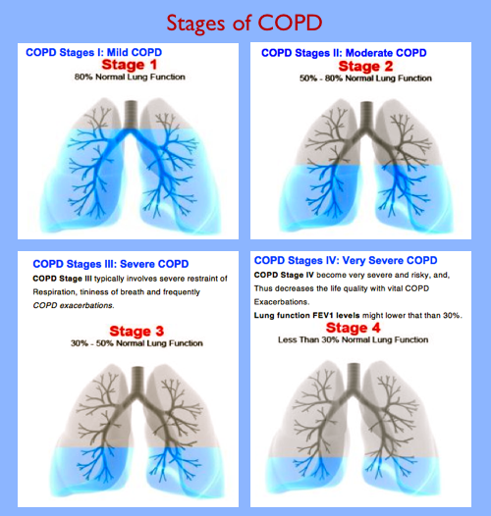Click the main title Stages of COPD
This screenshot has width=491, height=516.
(245, 22)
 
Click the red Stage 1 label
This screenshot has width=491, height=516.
(122, 65)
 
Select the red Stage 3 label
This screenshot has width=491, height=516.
(123, 331)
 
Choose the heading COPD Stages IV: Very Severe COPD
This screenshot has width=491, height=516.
(346, 260)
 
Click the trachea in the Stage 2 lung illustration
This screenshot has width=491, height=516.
(365, 109)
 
